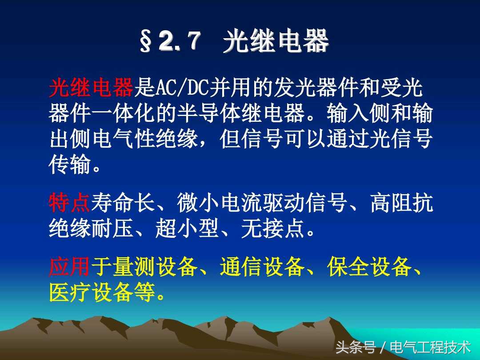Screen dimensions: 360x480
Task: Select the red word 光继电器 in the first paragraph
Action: pos(91,88)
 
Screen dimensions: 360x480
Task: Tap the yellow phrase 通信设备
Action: pos(262,268)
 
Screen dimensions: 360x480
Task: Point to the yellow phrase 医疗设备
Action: pos(91,293)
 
